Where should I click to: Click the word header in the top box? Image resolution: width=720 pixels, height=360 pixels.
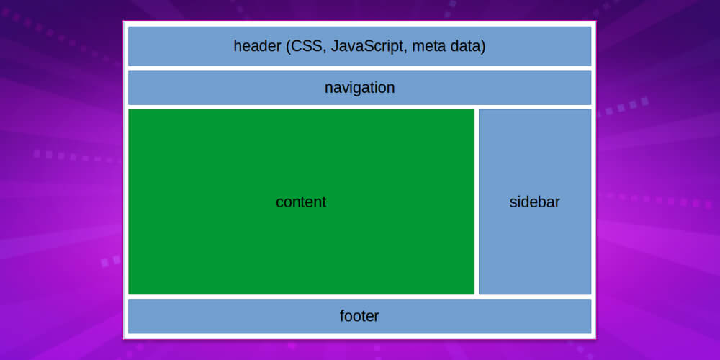(x=256, y=47)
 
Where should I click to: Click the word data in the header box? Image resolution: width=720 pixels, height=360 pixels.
(x=467, y=47)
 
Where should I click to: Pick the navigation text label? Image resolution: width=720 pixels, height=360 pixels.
(x=359, y=88)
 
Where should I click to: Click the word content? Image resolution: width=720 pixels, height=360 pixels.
(x=301, y=202)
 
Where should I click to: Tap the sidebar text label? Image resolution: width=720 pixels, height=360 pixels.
(x=534, y=202)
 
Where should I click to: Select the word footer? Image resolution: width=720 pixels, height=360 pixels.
(x=359, y=316)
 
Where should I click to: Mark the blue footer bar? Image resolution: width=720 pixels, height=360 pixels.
(x=216, y=316)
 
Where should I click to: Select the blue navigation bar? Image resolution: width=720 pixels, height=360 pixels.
(x=216, y=88)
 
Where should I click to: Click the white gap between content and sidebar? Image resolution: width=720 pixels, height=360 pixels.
(x=477, y=202)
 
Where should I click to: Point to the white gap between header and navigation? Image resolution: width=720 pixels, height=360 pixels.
(x=359, y=68)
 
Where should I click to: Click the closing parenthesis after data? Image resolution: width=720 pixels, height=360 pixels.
(x=484, y=47)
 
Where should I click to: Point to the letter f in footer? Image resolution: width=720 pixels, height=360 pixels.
(x=343, y=315)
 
